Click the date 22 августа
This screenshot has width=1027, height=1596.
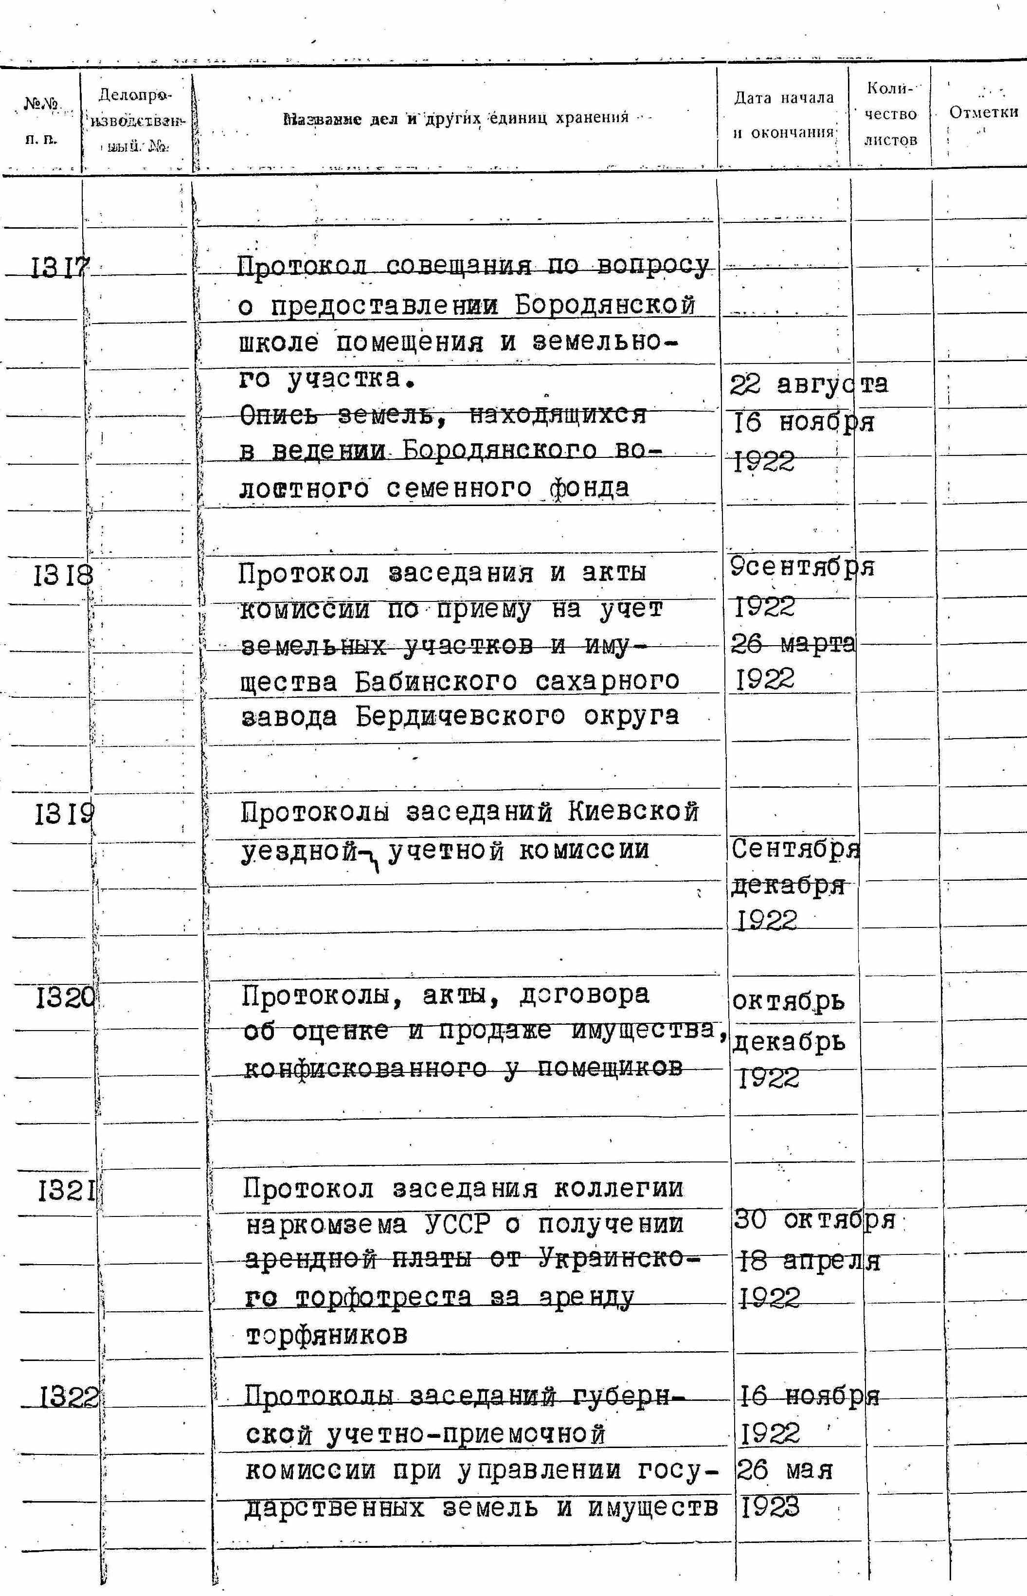tap(808, 385)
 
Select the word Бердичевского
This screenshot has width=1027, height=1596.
tap(459, 717)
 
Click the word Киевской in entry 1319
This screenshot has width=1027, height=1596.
tap(633, 812)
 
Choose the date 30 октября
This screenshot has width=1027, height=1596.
tap(813, 1220)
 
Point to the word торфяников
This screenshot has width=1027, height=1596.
tap(327, 1335)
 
